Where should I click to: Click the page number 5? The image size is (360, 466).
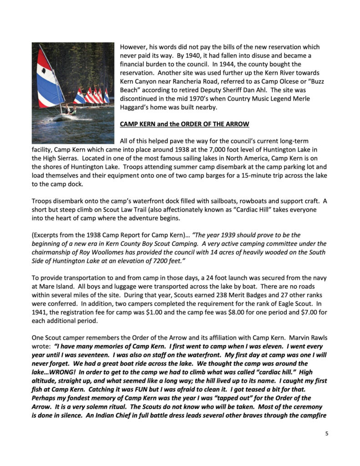coord(326,433)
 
